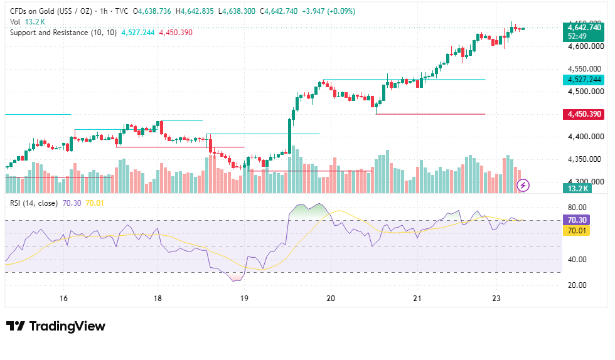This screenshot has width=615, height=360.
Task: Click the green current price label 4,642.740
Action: click(x=584, y=28)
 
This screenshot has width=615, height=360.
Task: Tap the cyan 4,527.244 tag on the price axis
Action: click(x=584, y=80)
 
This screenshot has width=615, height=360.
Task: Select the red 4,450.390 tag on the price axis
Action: click(x=584, y=114)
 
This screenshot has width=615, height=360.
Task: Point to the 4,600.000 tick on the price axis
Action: click(x=586, y=46)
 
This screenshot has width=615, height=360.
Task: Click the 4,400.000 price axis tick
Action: click(x=586, y=137)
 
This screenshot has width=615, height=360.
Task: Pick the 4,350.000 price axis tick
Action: click(x=584, y=159)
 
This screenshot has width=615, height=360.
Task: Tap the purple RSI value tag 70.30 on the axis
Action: click(x=577, y=220)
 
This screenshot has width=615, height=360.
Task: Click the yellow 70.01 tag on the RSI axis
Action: click(x=577, y=231)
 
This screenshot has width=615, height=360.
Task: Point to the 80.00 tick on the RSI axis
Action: click(x=577, y=208)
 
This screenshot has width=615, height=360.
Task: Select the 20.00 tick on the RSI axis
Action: click(x=577, y=285)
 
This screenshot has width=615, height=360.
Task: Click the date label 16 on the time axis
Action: click(x=63, y=299)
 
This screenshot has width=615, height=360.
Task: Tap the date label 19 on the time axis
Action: click(x=244, y=299)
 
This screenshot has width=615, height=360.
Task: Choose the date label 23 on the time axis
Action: click(x=496, y=299)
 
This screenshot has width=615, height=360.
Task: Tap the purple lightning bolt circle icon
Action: click(x=523, y=185)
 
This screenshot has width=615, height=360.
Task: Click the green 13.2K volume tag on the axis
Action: click(x=578, y=189)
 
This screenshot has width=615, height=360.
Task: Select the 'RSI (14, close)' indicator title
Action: click(x=34, y=203)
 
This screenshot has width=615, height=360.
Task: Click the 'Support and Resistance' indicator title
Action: click(x=49, y=33)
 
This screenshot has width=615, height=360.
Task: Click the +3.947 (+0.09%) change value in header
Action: click(x=328, y=11)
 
